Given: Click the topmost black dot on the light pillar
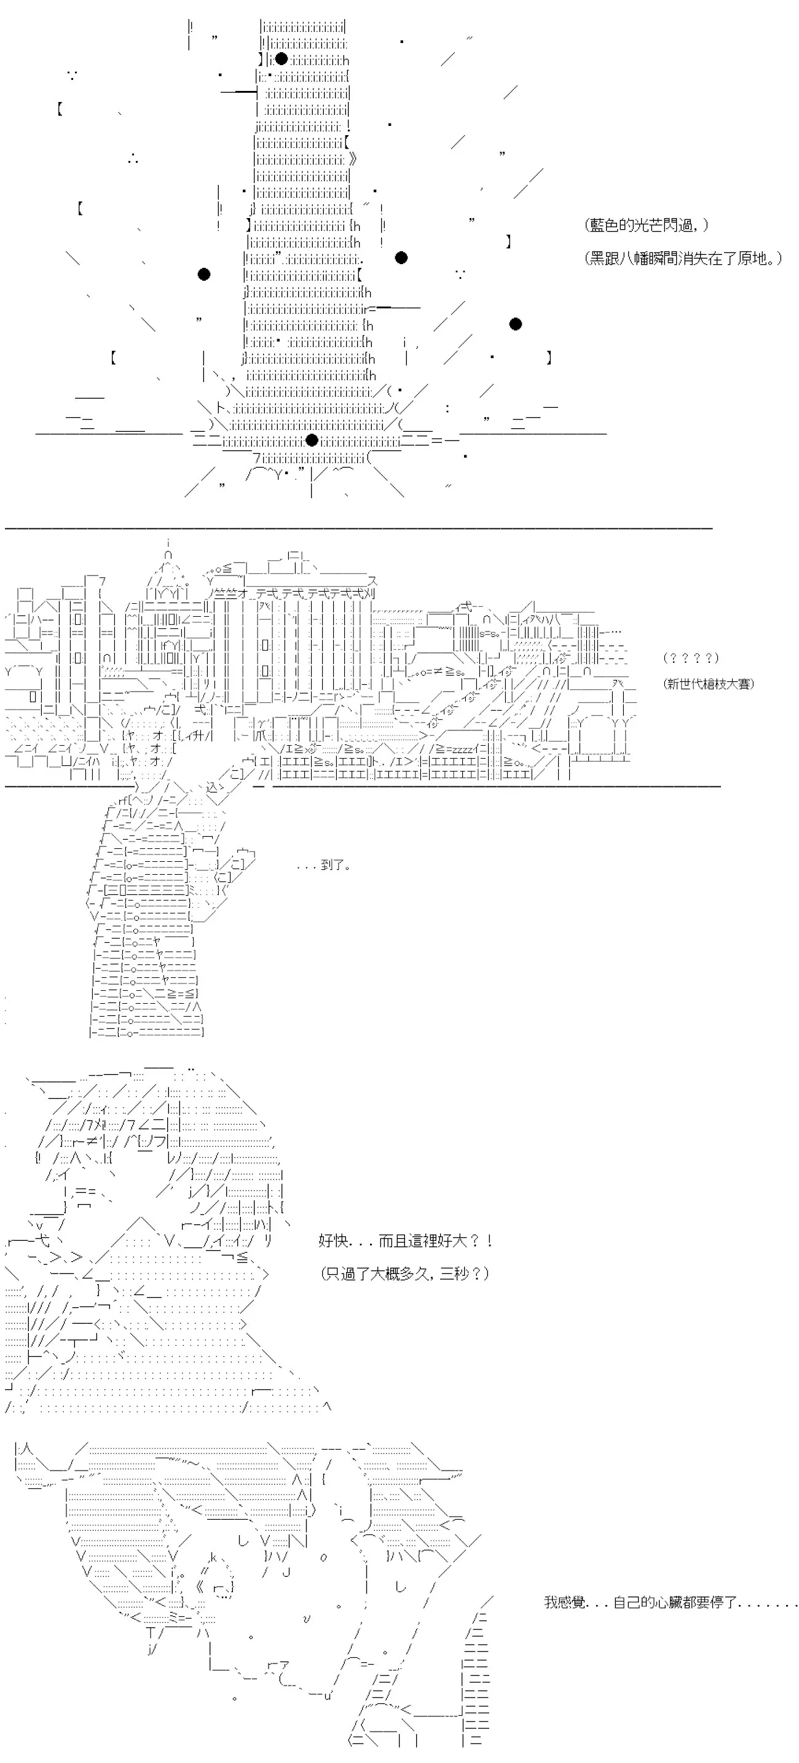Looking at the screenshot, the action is pos(281,59).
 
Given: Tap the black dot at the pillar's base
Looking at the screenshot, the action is pos(312,439).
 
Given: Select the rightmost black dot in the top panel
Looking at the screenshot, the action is pos(516,324).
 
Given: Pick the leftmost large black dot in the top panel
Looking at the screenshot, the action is pos(203,275).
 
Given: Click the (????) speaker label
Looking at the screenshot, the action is pos(691,658).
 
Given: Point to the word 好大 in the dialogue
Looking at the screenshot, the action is pos(439,1241).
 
